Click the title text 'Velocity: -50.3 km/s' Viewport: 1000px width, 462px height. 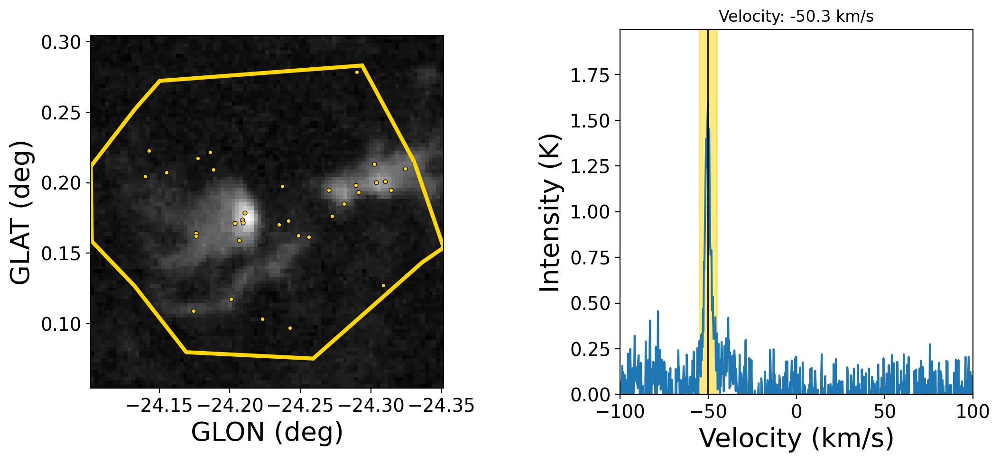pyautogui.click(x=796, y=17)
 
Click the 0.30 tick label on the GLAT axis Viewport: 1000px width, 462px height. pyautogui.click(x=61, y=43)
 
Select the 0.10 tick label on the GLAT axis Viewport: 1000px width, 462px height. pyautogui.click(x=61, y=325)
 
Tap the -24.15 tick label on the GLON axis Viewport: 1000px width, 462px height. pyautogui.click(x=159, y=406)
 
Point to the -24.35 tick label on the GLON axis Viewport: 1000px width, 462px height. pyautogui.click(x=441, y=406)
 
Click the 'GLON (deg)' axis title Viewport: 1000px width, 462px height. pyautogui.click(x=267, y=432)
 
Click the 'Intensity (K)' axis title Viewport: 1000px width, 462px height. pyautogui.click(x=550, y=212)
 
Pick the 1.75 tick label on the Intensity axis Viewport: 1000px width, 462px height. pyautogui.click(x=590, y=75)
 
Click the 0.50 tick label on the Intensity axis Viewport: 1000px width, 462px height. pyautogui.click(x=590, y=304)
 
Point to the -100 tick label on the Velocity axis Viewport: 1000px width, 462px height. pyautogui.click(x=620, y=411)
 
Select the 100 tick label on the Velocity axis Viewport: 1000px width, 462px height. pyautogui.click(x=972, y=411)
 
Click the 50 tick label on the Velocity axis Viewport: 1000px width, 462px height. pyautogui.click(x=884, y=411)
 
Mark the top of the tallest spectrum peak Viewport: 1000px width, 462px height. pyautogui.click(x=708, y=103)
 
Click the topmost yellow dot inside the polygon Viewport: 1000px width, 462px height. pyautogui.click(x=357, y=72)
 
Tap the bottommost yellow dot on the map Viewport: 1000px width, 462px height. pyautogui.click(x=290, y=328)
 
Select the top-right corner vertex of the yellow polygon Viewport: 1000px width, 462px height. pyautogui.click(x=362, y=65)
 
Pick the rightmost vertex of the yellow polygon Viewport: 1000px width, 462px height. pyautogui.click(x=442, y=247)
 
